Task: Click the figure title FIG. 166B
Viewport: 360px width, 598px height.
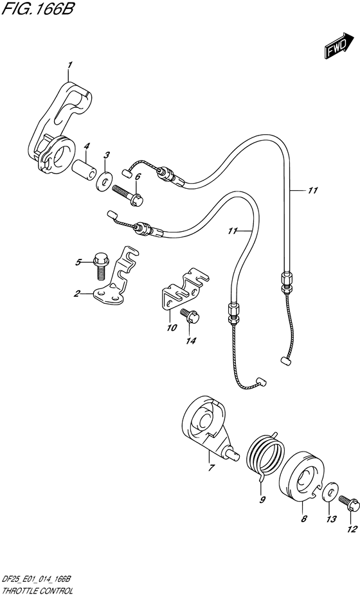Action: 38,8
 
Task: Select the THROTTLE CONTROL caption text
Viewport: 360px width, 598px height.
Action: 37,591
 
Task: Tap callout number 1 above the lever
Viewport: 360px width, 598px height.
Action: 69,66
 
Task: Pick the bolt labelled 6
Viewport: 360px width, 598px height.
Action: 128,195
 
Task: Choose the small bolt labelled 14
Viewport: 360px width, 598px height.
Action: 190,316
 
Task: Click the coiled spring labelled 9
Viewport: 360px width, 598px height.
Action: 265,457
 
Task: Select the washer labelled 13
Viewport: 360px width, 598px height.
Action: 330,491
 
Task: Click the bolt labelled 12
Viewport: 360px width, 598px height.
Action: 348,503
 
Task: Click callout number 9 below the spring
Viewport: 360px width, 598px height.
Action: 262,500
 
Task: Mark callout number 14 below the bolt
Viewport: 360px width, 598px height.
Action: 191,341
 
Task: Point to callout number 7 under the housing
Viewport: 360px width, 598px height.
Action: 211,468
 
